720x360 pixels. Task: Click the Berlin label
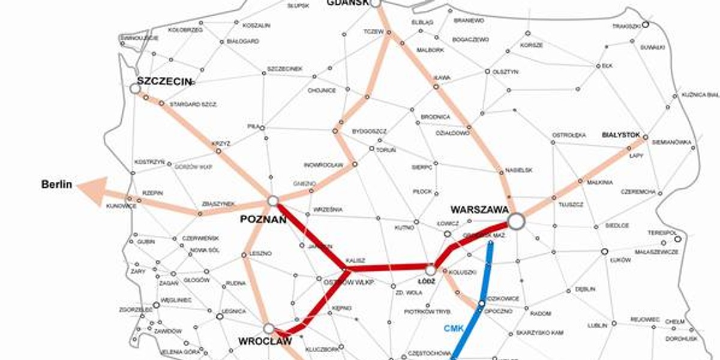[x=56, y=184]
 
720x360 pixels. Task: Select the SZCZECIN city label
[x=164, y=81]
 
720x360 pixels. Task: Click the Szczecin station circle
[x=135, y=89]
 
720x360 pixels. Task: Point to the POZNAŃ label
[x=263, y=220]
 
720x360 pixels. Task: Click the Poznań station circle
[x=273, y=200]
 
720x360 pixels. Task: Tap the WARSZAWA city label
[x=479, y=210]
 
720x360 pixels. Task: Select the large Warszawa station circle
[x=516, y=221]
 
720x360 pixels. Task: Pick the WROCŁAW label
[x=265, y=341]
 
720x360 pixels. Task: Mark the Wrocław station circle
[x=268, y=328]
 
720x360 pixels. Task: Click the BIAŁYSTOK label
[x=621, y=135]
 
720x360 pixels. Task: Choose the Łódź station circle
[x=430, y=270]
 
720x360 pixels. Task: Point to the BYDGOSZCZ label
[x=369, y=131]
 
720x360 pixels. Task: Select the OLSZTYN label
[x=505, y=71]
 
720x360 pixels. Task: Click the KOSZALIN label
[x=256, y=25]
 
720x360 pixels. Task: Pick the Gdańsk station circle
[x=376, y=3]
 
